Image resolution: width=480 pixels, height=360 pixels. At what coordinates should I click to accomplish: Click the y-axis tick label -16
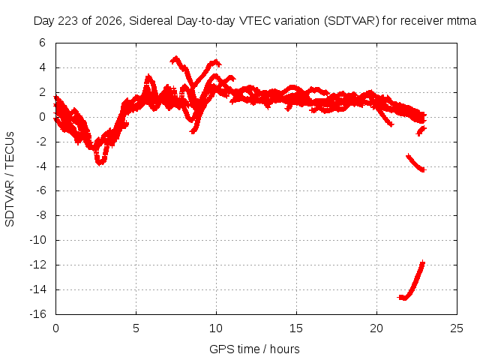pos(37,314)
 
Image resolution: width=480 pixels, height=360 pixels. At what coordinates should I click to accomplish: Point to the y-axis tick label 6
pos(42,43)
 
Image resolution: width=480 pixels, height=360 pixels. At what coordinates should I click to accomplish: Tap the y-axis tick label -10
pos(37,240)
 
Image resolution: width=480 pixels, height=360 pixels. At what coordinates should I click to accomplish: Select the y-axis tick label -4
pos(40,166)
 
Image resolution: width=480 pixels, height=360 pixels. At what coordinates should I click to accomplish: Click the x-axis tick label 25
pos(457,328)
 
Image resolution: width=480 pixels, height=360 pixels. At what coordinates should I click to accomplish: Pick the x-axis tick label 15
pos(296,328)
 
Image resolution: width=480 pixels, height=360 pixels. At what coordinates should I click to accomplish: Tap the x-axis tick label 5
pos(136,328)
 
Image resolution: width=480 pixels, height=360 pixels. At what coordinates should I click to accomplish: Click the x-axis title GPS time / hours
pos(254,349)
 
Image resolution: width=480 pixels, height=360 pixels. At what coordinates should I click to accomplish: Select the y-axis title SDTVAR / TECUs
pos(10,179)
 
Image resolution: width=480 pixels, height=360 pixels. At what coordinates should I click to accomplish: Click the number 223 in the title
pos(68,21)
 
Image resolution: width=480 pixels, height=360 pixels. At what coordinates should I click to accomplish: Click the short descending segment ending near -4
pos(415,163)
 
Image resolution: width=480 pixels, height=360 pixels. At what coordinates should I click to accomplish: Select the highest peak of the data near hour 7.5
pos(175,58)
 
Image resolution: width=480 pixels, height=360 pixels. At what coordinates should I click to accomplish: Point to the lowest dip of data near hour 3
pos(100,162)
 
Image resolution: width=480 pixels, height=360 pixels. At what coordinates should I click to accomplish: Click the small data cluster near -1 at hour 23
pos(421,131)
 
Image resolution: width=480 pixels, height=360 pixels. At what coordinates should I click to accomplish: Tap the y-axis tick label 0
pos(42,117)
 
